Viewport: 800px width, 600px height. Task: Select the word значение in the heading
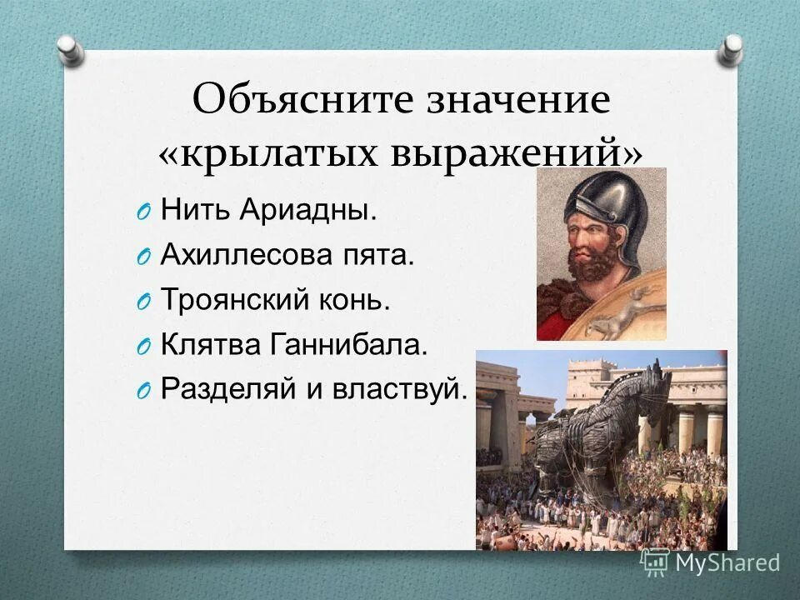518,99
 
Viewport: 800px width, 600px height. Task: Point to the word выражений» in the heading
517,153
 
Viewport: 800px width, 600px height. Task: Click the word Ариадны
308,210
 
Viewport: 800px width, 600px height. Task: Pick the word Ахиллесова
246,254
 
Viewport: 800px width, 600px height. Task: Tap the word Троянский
235,299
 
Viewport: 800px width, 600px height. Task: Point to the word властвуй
400,389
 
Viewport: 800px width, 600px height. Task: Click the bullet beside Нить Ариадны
143,212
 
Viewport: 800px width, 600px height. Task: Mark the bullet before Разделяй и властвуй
143,391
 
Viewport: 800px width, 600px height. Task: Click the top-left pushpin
71,51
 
